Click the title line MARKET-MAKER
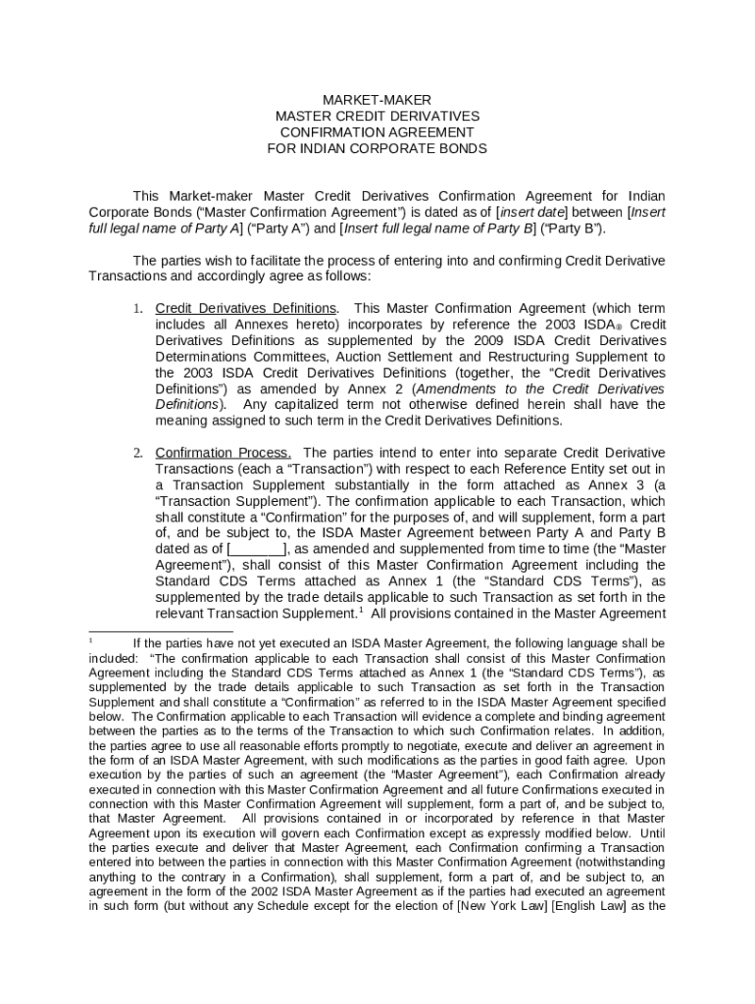(377, 100)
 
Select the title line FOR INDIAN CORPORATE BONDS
(377, 149)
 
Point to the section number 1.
(138, 309)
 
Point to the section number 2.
(138, 453)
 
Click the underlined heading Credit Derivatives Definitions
(246, 309)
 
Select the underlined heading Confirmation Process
(224, 453)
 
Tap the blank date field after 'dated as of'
(257, 548)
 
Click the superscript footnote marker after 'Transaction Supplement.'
(360, 610)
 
